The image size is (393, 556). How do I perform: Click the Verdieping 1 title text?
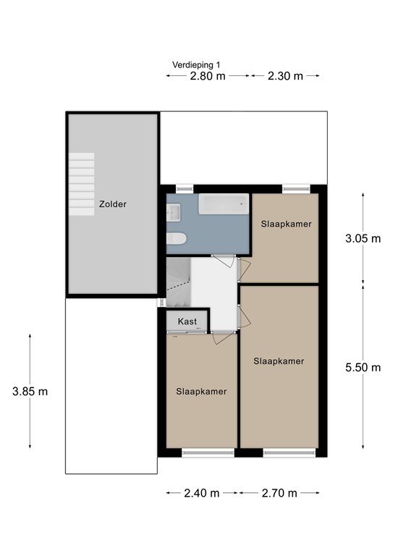point(196,65)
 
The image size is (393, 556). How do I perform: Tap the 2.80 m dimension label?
point(208,76)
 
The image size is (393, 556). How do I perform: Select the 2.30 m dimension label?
point(285,76)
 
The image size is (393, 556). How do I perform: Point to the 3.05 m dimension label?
point(363,238)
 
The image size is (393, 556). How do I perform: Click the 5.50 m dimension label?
point(363,367)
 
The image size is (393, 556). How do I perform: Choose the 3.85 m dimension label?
point(30,392)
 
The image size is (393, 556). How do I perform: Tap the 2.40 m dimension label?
point(202,493)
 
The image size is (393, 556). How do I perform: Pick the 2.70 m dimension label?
point(279,493)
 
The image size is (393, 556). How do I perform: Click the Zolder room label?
point(113,204)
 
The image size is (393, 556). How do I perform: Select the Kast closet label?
point(187,321)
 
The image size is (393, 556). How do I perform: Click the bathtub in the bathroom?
point(224,204)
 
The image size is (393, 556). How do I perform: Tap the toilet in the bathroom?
point(176,239)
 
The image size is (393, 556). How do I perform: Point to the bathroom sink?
point(174,212)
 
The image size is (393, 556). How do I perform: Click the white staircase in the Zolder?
point(82,184)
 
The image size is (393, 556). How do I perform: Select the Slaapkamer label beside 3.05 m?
point(287,224)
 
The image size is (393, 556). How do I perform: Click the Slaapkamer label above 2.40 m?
point(201,392)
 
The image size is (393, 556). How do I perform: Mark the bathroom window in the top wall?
point(185,189)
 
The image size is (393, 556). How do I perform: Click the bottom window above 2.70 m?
point(290,452)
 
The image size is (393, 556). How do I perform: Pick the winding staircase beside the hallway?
point(179,282)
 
